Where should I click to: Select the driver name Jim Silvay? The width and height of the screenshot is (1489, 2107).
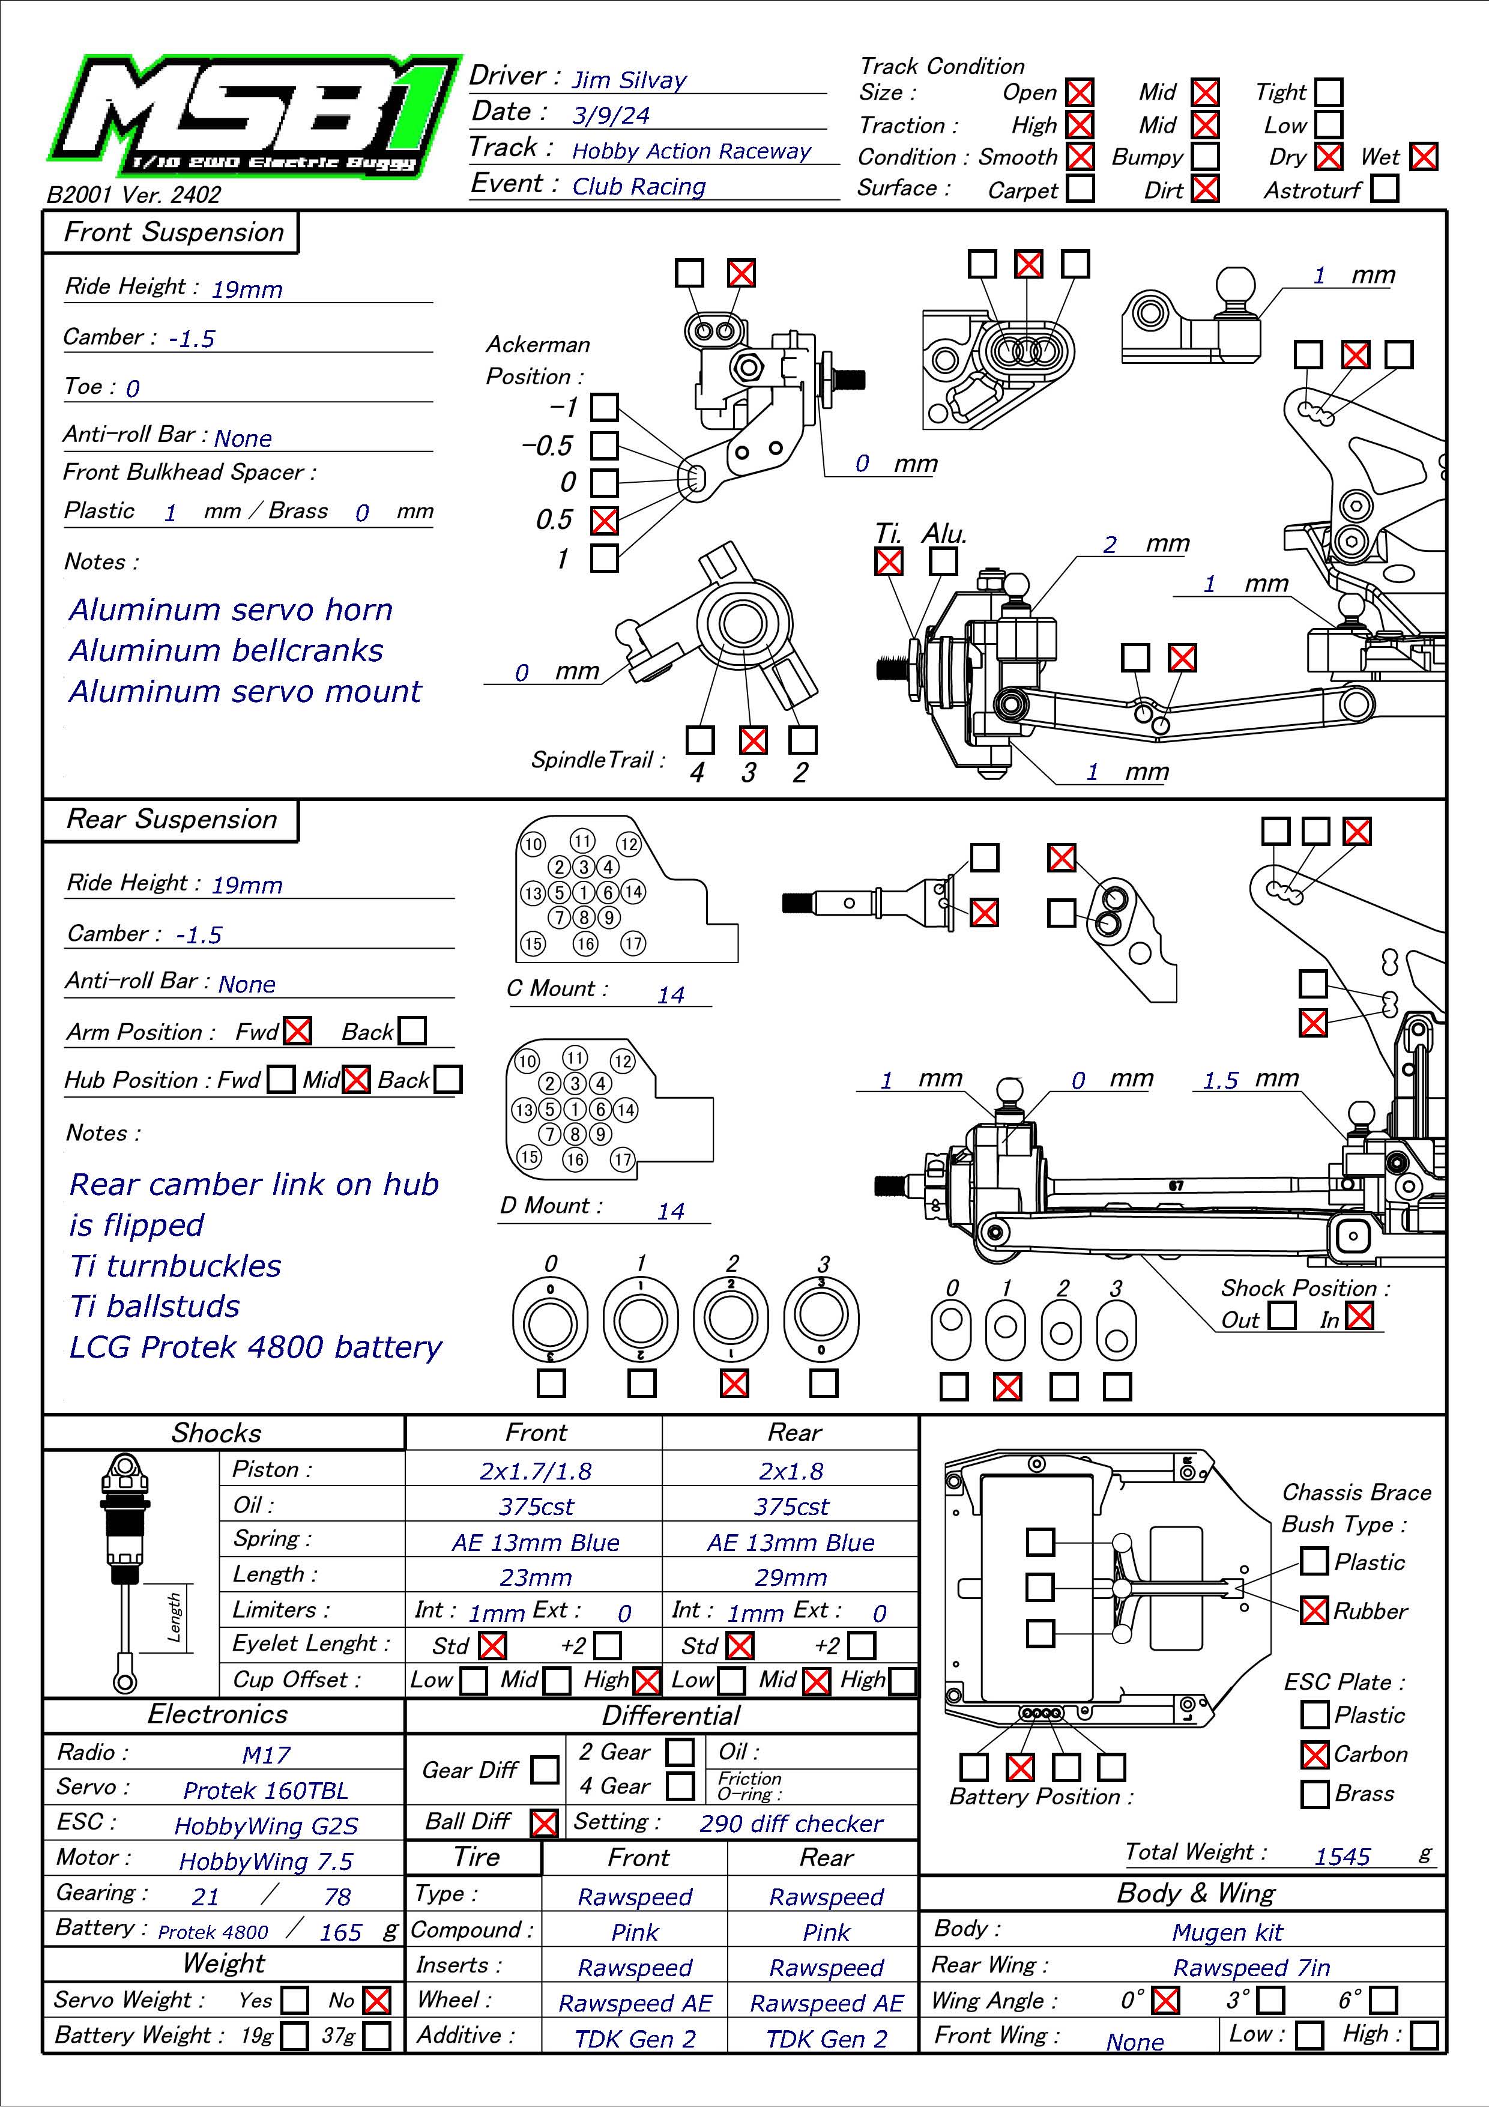(x=629, y=80)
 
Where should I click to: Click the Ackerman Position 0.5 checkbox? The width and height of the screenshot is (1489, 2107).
(x=603, y=521)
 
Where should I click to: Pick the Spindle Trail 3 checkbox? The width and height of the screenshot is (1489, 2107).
(x=752, y=740)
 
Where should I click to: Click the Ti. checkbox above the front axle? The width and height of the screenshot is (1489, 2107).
(x=888, y=561)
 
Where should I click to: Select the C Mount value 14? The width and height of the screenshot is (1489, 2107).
(x=671, y=995)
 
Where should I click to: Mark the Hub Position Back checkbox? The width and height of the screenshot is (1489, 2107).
(x=448, y=1079)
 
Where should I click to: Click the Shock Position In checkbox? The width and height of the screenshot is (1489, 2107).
(x=1360, y=1316)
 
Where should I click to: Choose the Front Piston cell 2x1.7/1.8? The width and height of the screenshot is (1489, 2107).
(x=535, y=1471)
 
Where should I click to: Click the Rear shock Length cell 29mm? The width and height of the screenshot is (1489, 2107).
(x=791, y=1577)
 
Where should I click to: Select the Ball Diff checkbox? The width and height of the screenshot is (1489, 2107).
(x=544, y=1822)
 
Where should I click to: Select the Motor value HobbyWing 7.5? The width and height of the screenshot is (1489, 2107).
(x=266, y=1861)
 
